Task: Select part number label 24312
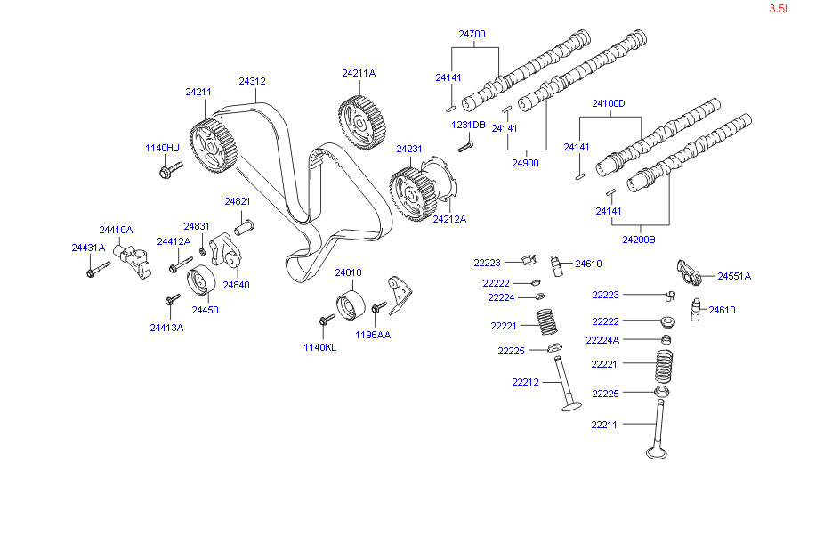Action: coord(252,81)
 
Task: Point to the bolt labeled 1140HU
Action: coord(169,169)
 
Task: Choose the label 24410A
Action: coord(116,229)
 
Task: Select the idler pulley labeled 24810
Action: coord(349,306)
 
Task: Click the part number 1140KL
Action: coord(320,347)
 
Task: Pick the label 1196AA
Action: coord(373,335)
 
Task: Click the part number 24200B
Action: coord(639,240)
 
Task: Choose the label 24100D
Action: coord(610,103)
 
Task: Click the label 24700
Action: coord(472,35)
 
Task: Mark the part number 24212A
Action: coord(449,218)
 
